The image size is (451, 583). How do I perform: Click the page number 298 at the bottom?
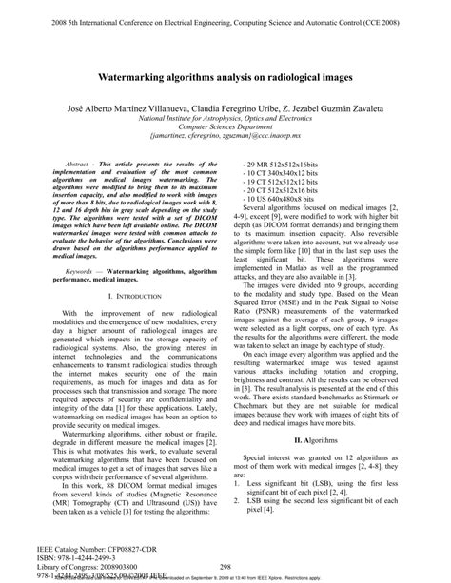point(225,564)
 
